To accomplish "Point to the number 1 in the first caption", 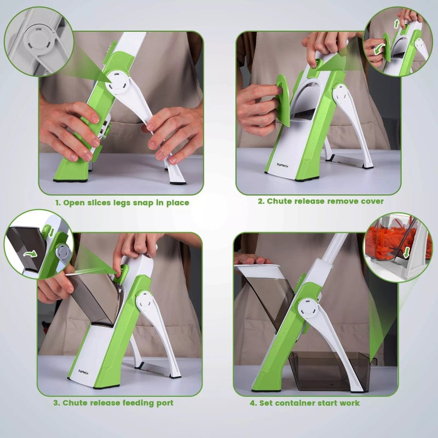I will point(56,203).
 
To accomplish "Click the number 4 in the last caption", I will point(252,403).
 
